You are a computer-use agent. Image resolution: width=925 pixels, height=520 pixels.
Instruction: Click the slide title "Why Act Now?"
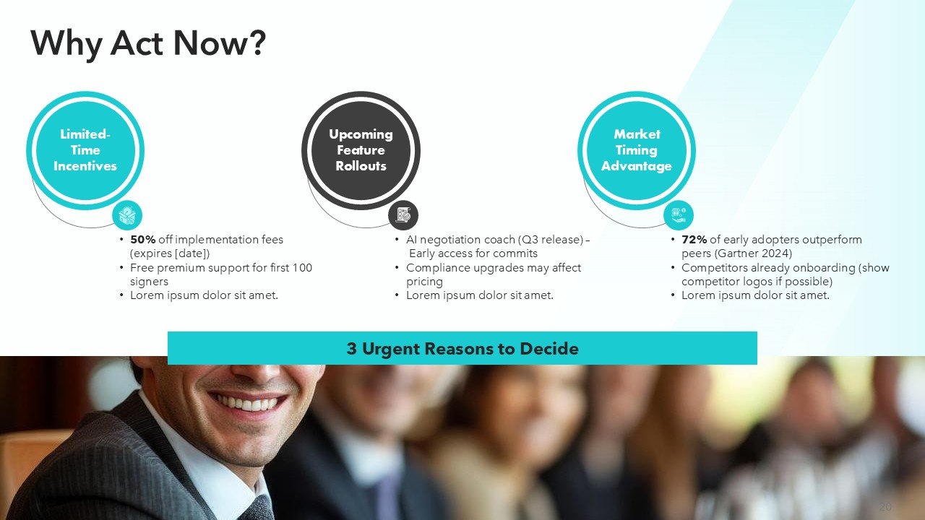[148, 43]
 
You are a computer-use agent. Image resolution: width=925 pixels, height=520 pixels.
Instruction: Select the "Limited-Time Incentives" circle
[85, 150]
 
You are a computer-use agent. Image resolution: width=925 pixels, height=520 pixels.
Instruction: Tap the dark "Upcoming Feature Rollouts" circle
[361, 150]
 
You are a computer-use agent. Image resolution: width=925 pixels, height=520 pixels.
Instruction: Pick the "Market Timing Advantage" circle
[636, 150]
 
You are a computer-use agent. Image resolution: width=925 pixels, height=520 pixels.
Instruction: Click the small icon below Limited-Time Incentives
[127, 214]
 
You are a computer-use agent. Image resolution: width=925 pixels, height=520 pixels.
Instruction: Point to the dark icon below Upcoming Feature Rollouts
[403, 214]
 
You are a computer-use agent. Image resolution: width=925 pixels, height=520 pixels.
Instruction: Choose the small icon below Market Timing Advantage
[679, 214]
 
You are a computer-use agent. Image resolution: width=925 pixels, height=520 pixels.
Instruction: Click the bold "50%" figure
[142, 240]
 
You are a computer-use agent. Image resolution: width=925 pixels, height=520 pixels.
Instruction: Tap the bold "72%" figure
[694, 240]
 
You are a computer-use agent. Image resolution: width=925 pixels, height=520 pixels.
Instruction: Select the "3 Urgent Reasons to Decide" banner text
[462, 349]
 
